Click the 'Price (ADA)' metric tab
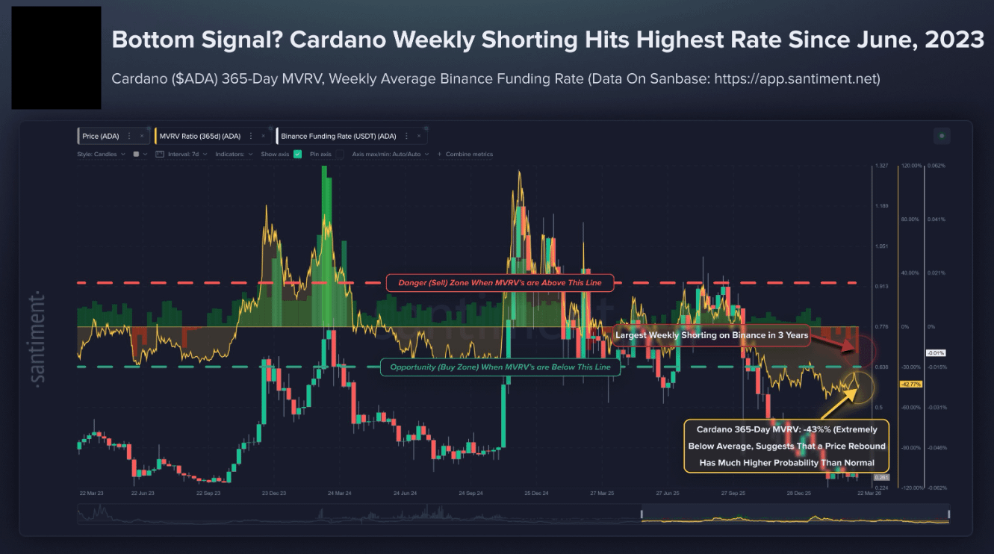tap(99, 136)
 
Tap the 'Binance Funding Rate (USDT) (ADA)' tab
tap(338, 136)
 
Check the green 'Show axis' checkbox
tap(297, 155)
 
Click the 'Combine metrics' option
tap(469, 155)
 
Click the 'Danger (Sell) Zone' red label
tap(498, 282)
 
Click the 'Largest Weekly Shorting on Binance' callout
tap(711, 335)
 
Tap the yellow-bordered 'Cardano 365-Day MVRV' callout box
tap(786, 446)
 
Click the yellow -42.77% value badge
tap(912, 384)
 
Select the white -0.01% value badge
tap(936, 352)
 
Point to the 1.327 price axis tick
tap(880, 166)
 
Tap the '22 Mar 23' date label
tap(92, 494)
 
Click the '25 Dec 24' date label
tap(536, 494)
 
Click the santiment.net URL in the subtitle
tap(797, 78)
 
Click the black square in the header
tap(56, 58)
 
